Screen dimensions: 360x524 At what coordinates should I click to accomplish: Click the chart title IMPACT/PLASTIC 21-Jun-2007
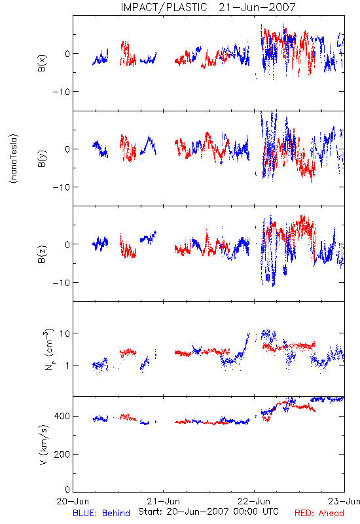coord(208,7)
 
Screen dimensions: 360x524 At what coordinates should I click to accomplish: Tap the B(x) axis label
coord(42,64)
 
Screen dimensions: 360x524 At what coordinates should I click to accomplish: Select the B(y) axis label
coord(42,159)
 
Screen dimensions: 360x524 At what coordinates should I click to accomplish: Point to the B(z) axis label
coord(42,254)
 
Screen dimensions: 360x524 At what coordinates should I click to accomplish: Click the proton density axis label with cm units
coord(48,349)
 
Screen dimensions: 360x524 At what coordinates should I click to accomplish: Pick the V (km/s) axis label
coord(44,445)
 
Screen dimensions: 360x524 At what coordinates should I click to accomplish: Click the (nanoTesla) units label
coord(14,159)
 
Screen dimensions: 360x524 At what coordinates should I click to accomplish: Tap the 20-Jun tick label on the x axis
coord(73,501)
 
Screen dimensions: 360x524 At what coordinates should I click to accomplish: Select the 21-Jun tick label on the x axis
coord(163,501)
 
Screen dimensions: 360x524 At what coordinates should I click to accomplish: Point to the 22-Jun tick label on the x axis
coord(254,501)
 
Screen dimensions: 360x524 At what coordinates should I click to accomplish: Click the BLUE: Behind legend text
coord(101,513)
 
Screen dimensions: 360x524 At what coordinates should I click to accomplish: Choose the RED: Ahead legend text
coord(319,513)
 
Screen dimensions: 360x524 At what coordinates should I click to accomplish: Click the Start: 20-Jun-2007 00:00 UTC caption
coord(208,512)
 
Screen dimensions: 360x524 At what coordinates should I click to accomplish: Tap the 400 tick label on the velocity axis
coord(62,416)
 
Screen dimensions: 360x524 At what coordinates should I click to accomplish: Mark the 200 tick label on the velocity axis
coord(62,454)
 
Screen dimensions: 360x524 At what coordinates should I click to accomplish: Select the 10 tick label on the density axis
coord(64,333)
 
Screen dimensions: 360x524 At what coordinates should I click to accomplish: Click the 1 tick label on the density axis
coord(67,365)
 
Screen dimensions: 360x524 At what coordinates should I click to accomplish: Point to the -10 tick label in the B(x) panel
coord(61,92)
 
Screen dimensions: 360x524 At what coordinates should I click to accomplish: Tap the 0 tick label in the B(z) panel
coord(67,244)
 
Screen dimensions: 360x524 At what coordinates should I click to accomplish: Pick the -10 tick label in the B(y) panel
coord(61,187)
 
